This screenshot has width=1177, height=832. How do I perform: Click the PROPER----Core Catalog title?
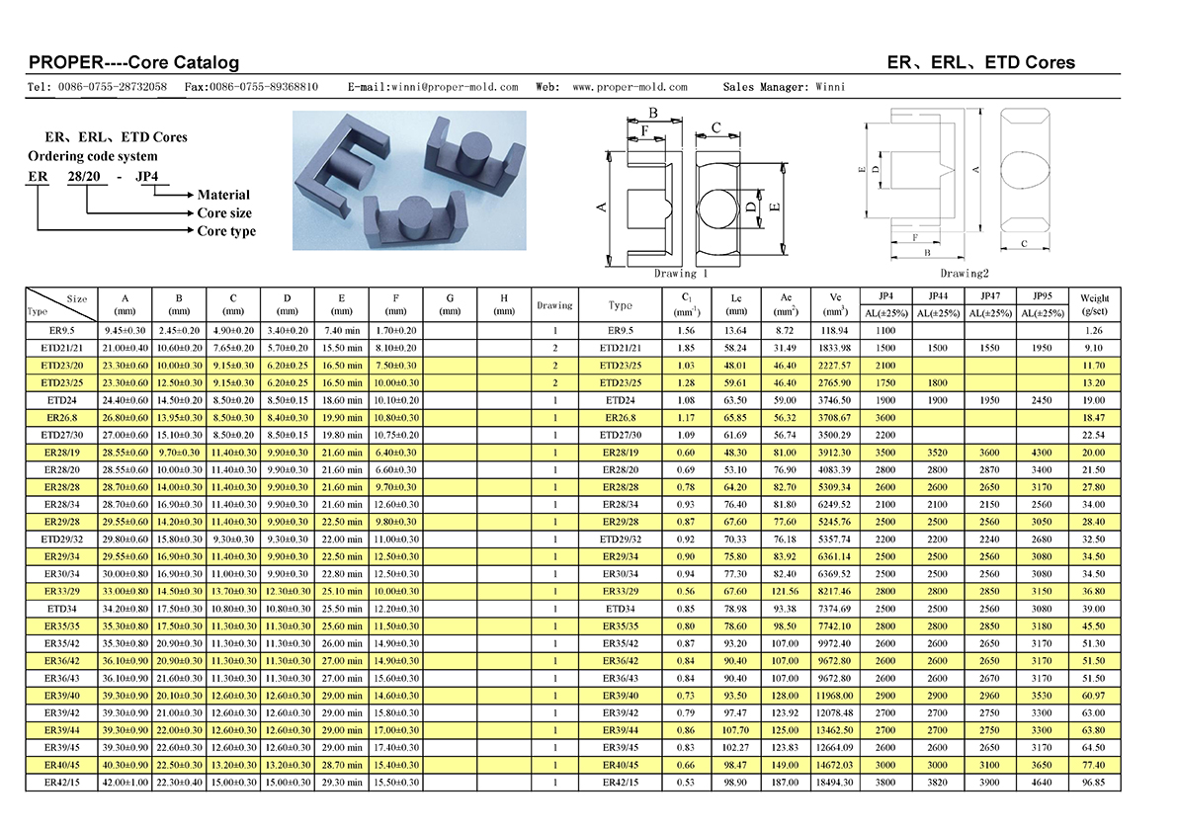[x=133, y=62]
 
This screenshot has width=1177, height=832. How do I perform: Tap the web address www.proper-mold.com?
[x=630, y=87]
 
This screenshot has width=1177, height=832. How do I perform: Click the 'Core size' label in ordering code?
[x=224, y=212]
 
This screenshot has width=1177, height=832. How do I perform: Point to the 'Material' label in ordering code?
[x=223, y=195]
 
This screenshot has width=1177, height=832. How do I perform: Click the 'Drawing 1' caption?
[x=681, y=274]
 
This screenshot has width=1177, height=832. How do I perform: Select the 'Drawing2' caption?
[x=964, y=274]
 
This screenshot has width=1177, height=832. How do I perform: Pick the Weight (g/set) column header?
[x=1094, y=304]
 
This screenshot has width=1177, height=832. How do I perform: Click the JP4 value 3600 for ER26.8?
[x=884, y=419]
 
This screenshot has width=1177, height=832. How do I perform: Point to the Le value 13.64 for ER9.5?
[x=736, y=330]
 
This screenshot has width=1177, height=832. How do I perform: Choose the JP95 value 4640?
[x=1043, y=783]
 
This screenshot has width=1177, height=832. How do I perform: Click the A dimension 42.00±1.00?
[x=124, y=783]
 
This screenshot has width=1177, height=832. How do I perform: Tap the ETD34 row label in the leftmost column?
[x=61, y=609]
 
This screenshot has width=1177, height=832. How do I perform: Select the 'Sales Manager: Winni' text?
[x=784, y=87]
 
